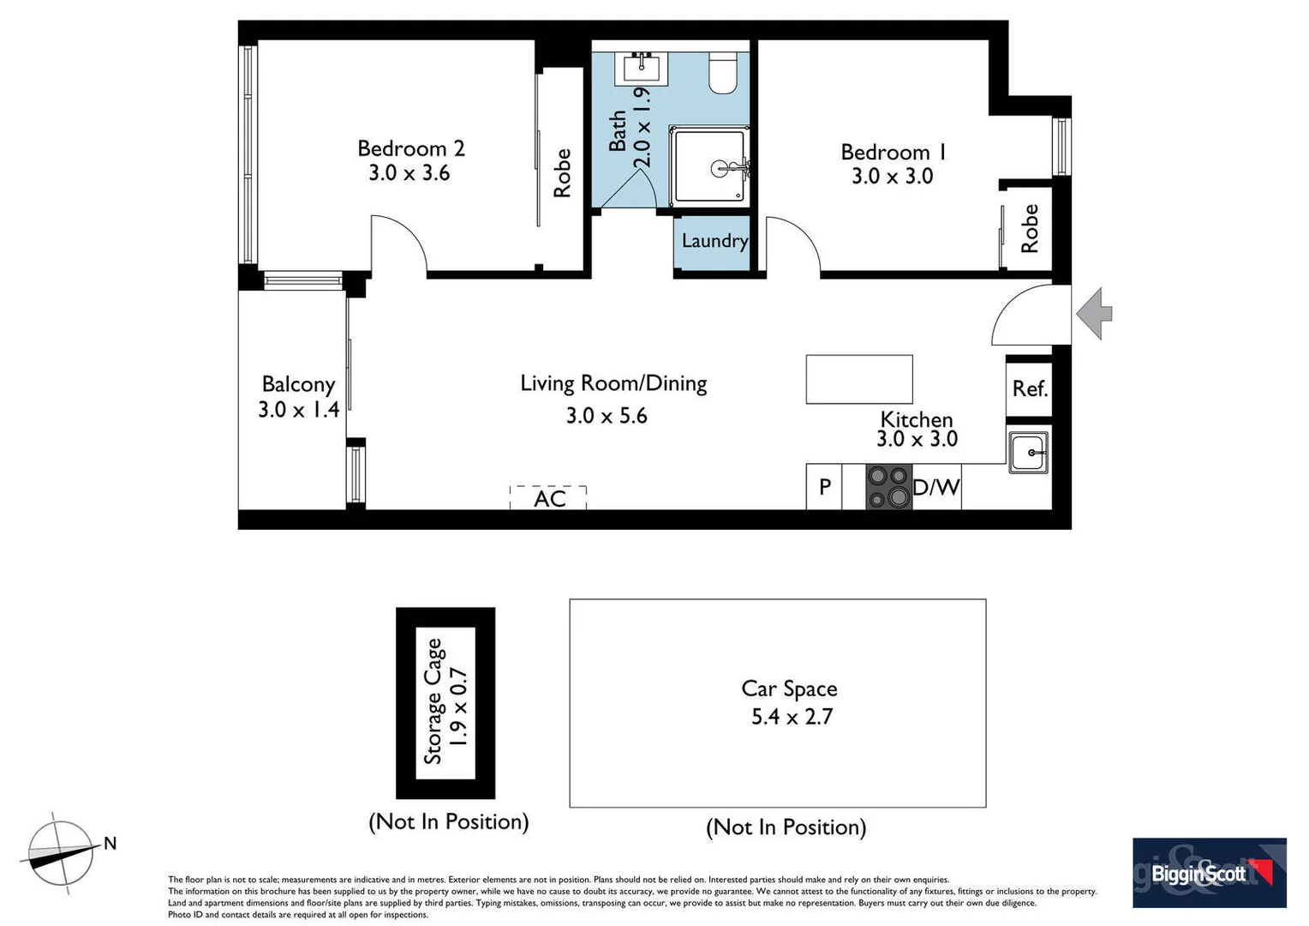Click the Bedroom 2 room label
point(410,148)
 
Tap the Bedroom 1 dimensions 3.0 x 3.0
point(892,177)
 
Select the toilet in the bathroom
point(723,74)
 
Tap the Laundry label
point(714,241)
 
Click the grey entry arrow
point(1094,314)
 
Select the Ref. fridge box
point(1029,388)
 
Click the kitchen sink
point(1028,451)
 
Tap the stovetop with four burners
point(888,487)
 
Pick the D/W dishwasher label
point(936,488)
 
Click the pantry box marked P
point(824,487)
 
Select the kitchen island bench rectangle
point(858,379)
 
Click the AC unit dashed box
point(548,498)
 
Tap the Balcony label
point(298,384)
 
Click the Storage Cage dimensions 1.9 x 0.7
point(460,706)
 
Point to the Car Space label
point(789,688)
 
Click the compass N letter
point(110,844)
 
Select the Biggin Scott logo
point(1209,873)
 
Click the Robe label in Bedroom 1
point(1030,228)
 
